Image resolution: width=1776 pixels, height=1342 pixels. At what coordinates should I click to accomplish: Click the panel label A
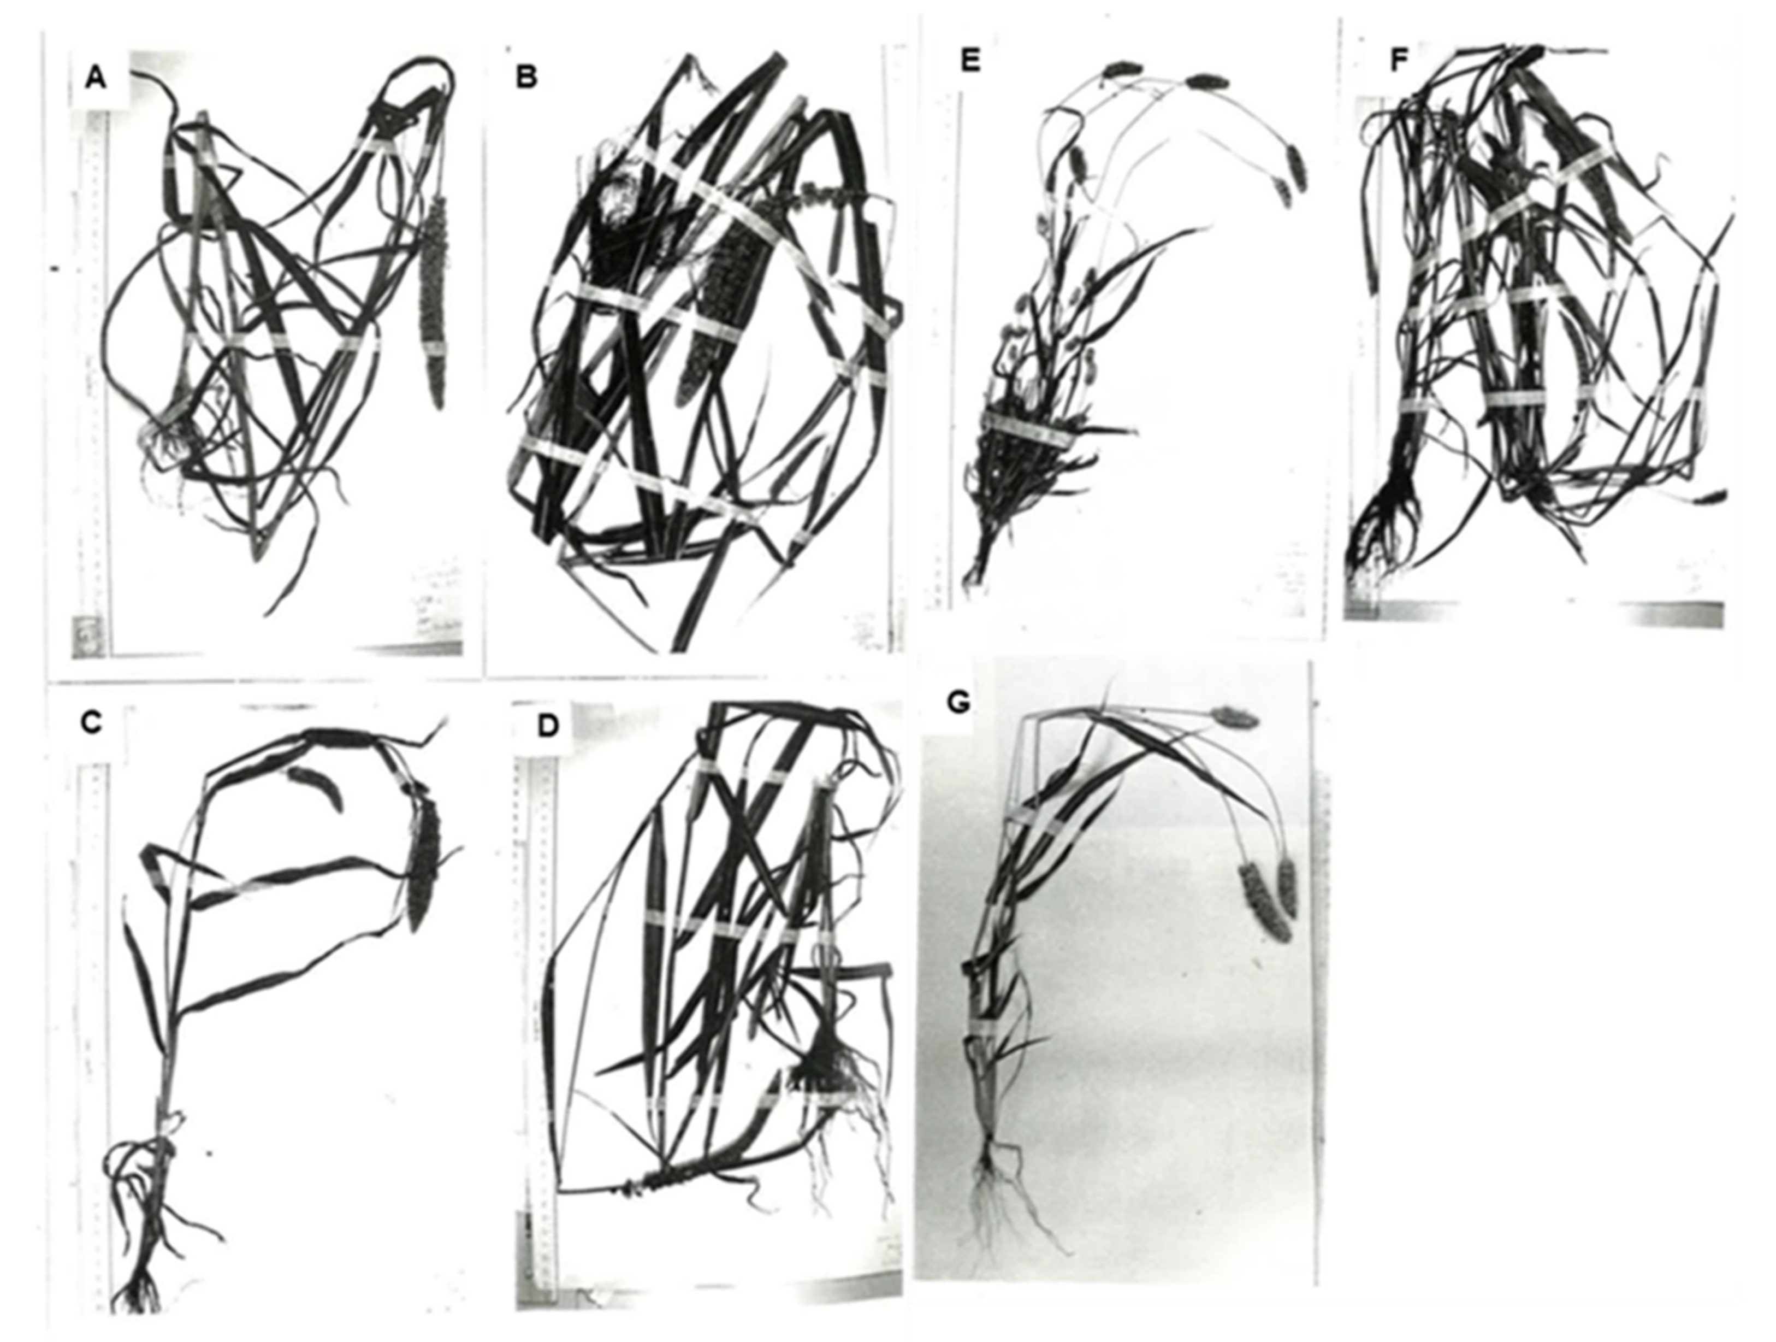(x=96, y=79)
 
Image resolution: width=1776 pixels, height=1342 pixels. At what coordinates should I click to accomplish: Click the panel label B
(x=526, y=77)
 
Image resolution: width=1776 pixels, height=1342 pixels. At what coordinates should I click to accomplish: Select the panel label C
(x=92, y=723)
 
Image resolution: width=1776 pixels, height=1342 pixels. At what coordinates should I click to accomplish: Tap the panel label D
(x=548, y=725)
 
